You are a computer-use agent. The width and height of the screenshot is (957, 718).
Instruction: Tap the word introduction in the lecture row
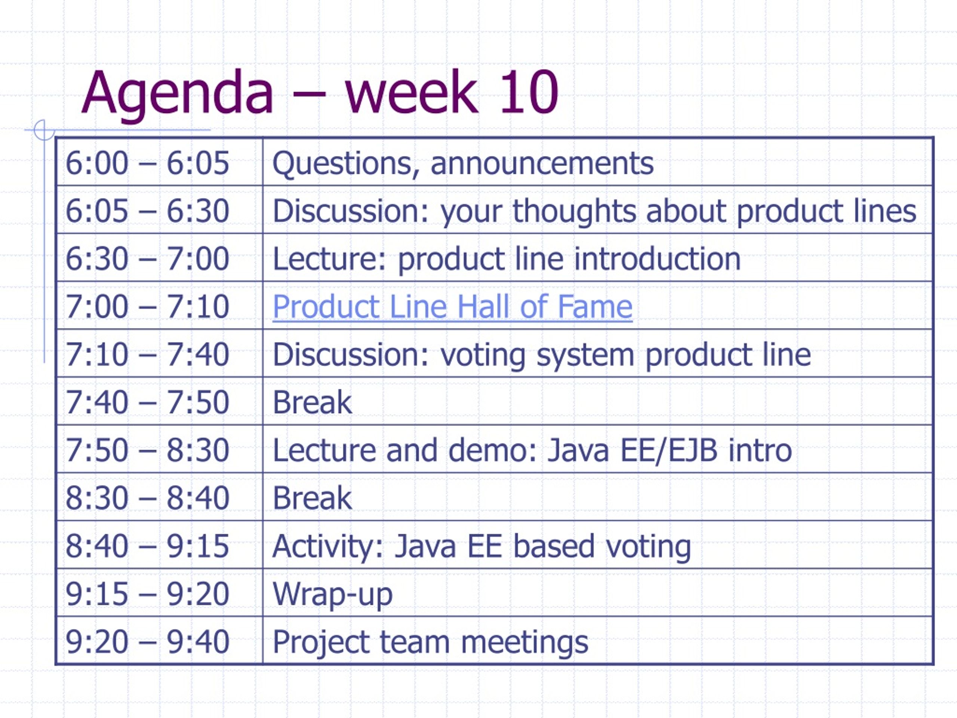(657, 259)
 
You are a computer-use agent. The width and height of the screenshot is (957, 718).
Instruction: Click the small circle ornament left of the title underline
(44, 130)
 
